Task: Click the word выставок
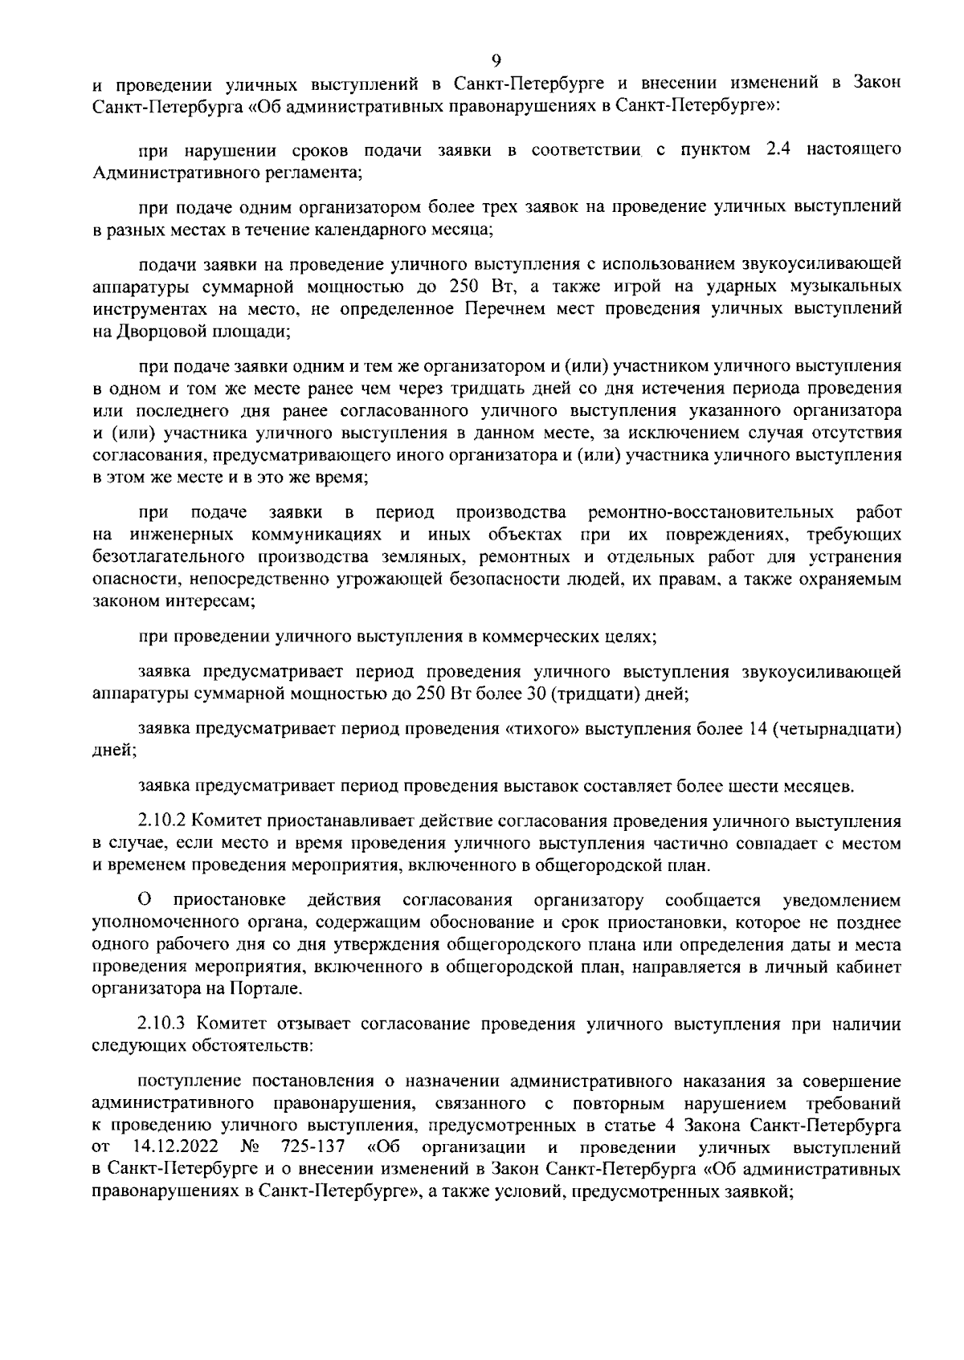click(547, 786)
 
